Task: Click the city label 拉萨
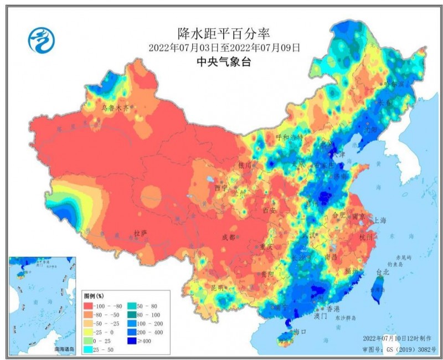(x=141, y=233)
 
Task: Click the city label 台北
(x=383, y=272)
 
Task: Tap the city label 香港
(x=333, y=308)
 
